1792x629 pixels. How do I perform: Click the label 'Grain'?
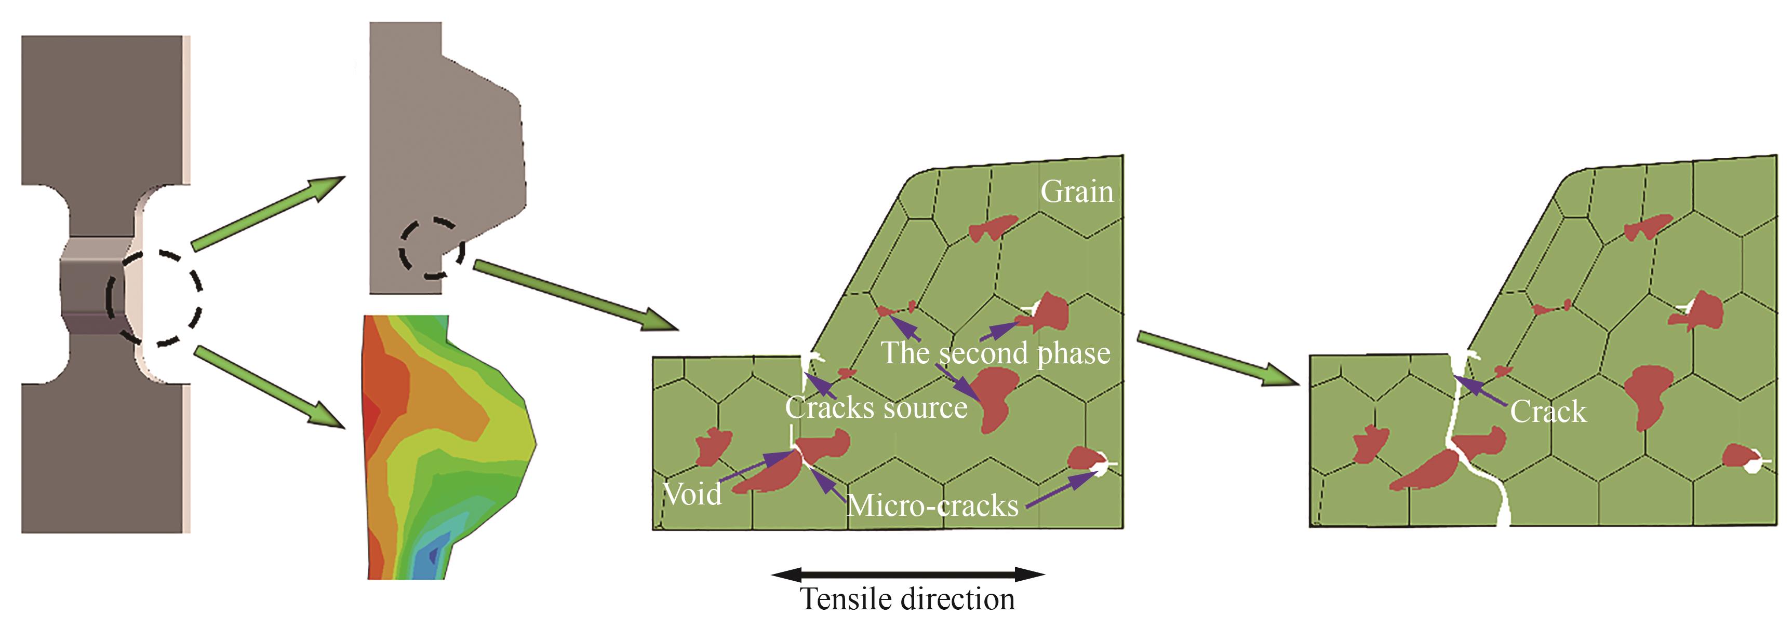1076,192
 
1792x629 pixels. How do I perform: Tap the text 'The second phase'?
995,353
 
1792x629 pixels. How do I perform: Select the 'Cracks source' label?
876,408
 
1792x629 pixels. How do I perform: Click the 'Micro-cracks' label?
932,505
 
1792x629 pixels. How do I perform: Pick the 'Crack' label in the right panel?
1548,412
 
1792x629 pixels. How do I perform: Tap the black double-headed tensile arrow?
908,574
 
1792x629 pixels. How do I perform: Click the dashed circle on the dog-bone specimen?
154,298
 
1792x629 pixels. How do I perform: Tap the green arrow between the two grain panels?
1218,359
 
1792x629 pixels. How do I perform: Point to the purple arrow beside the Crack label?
1482,391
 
